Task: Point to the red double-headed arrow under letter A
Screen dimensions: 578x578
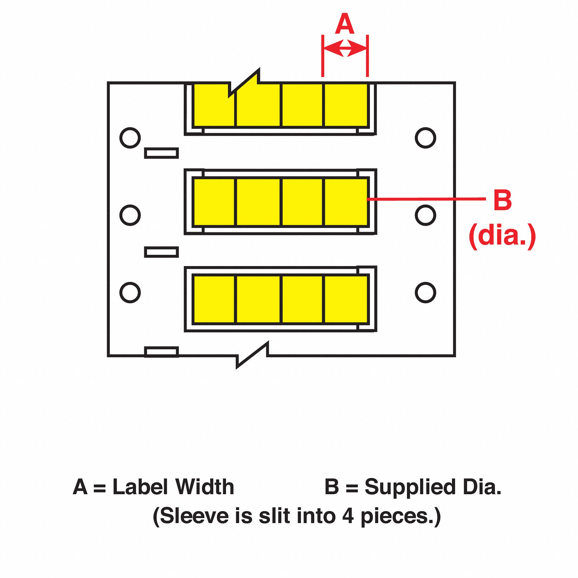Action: pyautogui.click(x=345, y=48)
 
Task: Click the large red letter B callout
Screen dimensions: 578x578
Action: pyautogui.click(x=502, y=200)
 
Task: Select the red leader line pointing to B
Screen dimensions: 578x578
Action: pyautogui.click(x=426, y=199)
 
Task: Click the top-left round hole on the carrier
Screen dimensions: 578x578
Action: pyautogui.click(x=130, y=138)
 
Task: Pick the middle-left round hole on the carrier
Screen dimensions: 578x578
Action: pyautogui.click(x=130, y=215)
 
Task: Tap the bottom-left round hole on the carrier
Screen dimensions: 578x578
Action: pyautogui.click(x=130, y=292)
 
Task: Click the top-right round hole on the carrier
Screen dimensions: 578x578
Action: pyautogui.click(x=425, y=138)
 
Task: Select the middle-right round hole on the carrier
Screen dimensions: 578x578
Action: pyautogui.click(x=425, y=215)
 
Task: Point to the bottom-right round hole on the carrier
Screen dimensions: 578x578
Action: pyautogui.click(x=425, y=292)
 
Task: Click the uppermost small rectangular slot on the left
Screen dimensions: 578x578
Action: pyautogui.click(x=162, y=153)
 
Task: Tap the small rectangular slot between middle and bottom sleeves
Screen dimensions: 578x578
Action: pyautogui.click(x=162, y=252)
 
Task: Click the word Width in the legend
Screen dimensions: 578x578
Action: pyautogui.click(x=205, y=487)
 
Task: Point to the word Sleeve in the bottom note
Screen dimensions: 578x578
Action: pyautogui.click(x=195, y=516)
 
